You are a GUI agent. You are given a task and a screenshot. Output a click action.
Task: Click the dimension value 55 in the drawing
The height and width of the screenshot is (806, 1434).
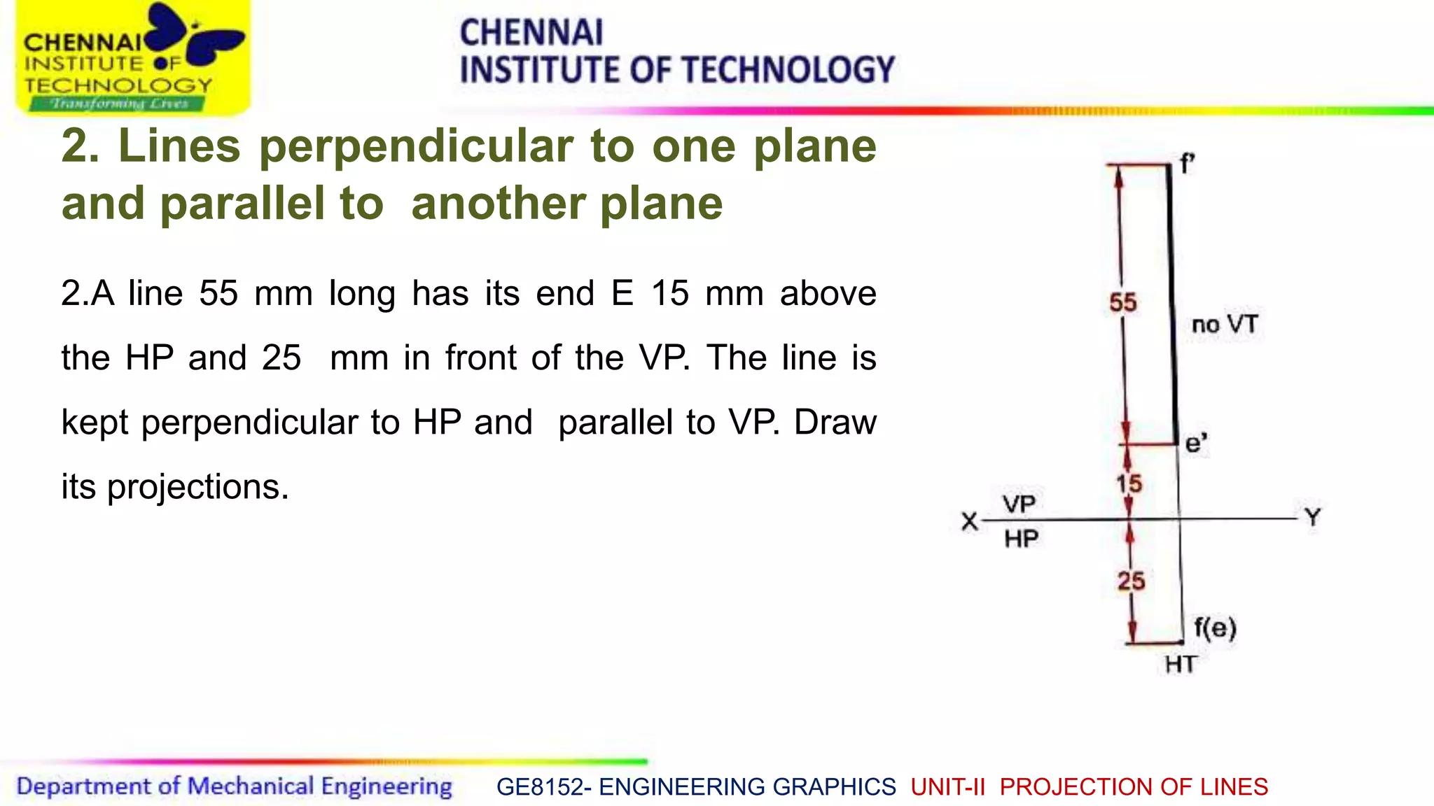tap(1123, 303)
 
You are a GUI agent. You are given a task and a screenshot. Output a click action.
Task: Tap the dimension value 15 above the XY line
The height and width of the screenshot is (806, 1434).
tap(1129, 483)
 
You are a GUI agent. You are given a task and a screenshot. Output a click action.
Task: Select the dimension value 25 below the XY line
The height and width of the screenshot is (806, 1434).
tap(1131, 581)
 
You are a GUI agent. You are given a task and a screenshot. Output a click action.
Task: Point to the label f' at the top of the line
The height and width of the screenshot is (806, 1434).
tap(1187, 164)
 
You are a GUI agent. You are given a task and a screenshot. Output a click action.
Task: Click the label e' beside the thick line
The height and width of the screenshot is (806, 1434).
tap(1196, 444)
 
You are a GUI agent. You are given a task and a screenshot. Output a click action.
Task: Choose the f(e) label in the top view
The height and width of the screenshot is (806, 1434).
tap(1215, 627)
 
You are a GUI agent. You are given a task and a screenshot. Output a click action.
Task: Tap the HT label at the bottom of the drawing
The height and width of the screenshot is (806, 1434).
tap(1181, 664)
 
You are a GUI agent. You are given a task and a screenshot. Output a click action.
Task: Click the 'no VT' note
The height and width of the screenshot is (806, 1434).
tap(1225, 325)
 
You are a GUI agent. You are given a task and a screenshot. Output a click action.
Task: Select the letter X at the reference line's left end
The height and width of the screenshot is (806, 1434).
tap(970, 521)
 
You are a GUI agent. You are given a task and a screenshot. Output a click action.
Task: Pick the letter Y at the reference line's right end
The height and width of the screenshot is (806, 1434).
tap(1313, 518)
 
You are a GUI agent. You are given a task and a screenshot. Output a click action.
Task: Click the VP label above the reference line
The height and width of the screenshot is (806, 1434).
tap(1019, 504)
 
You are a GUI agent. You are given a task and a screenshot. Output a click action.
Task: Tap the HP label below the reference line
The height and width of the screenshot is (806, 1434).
tap(1021, 539)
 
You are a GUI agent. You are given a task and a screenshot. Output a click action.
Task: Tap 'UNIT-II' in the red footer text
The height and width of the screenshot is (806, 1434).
tap(947, 787)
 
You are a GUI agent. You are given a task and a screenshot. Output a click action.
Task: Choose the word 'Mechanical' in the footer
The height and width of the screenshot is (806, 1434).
tap(251, 786)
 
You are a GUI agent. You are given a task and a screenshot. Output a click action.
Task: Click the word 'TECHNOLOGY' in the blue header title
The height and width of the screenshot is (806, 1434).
tap(788, 71)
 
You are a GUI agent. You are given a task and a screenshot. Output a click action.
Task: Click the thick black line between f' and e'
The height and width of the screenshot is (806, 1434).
tap(1172, 301)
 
